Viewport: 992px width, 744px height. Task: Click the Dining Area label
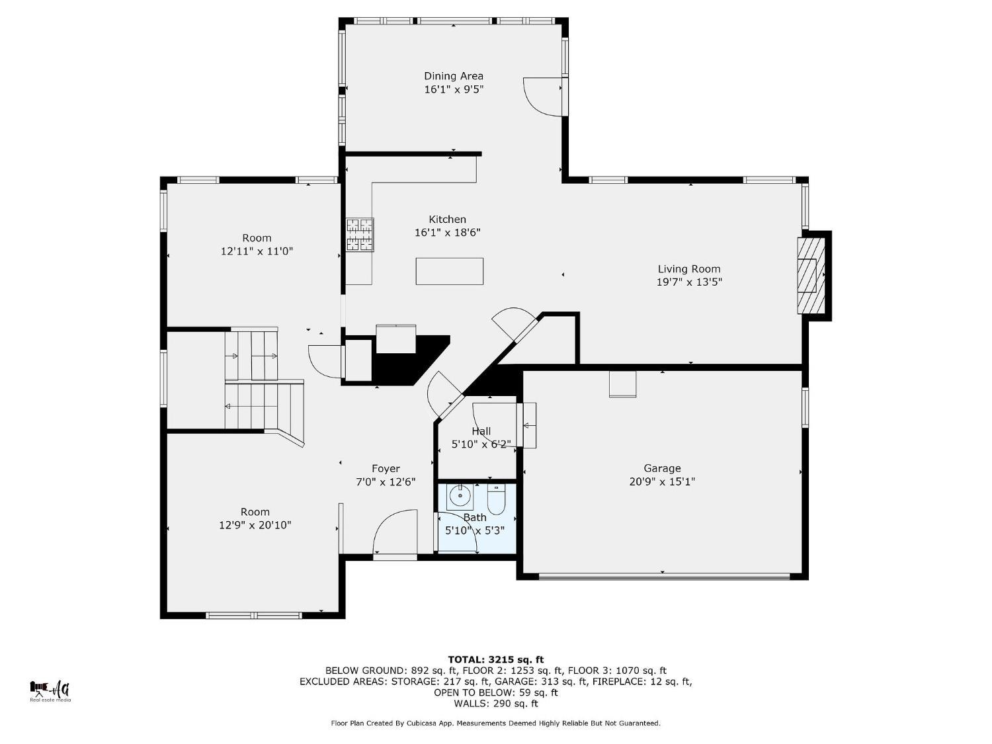click(x=453, y=76)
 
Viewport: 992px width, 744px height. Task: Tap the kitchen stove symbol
click(x=360, y=235)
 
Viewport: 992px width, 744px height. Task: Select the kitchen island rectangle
click(x=449, y=271)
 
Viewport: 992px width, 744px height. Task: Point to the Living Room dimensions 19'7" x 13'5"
click(x=688, y=282)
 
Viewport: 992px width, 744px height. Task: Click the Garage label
click(x=662, y=468)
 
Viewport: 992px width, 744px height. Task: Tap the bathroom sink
click(x=460, y=495)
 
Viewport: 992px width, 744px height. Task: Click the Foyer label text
click(x=386, y=469)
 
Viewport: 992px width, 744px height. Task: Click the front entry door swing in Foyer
click(x=395, y=532)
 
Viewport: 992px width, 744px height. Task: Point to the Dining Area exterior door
click(x=544, y=97)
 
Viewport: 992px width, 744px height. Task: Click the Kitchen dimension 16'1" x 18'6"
click(x=447, y=233)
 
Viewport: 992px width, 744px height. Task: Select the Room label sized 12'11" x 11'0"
click(x=257, y=238)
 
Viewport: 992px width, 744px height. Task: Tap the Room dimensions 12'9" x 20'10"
click(x=255, y=525)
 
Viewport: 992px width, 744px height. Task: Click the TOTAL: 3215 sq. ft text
click(x=495, y=659)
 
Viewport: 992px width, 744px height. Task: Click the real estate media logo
click(x=50, y=691)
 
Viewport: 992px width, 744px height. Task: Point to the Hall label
click(x=481, y=431)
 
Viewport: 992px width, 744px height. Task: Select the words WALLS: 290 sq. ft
click(x=495, y=704)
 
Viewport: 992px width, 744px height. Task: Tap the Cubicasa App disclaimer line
click(x=495, y=723)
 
